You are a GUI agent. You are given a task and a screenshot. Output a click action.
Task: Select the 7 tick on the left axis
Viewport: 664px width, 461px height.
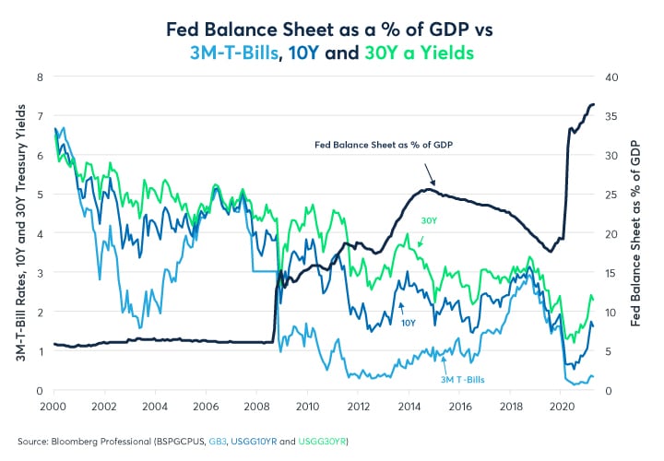[40, 116]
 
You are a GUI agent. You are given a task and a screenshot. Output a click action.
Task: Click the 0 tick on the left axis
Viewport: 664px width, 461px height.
[40, 391]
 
